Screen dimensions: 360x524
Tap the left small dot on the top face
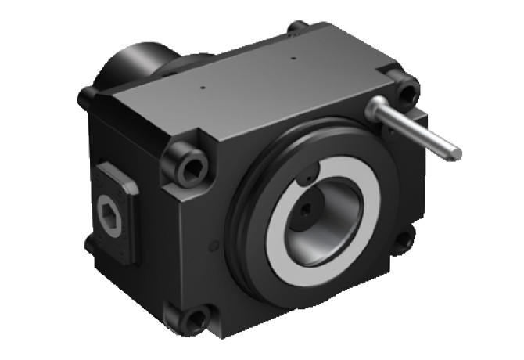(203, 87)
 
